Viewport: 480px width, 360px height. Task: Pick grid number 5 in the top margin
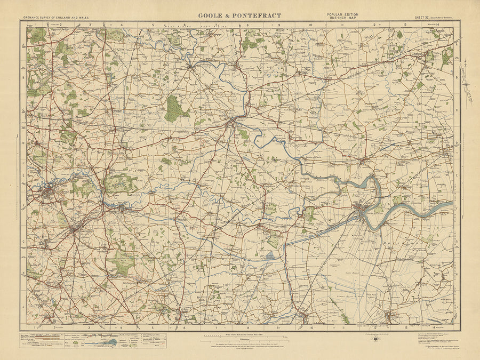pyautogui.click(x=153, y=25)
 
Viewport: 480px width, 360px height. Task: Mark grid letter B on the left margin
pyautogui.click(x=24, y=77)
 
